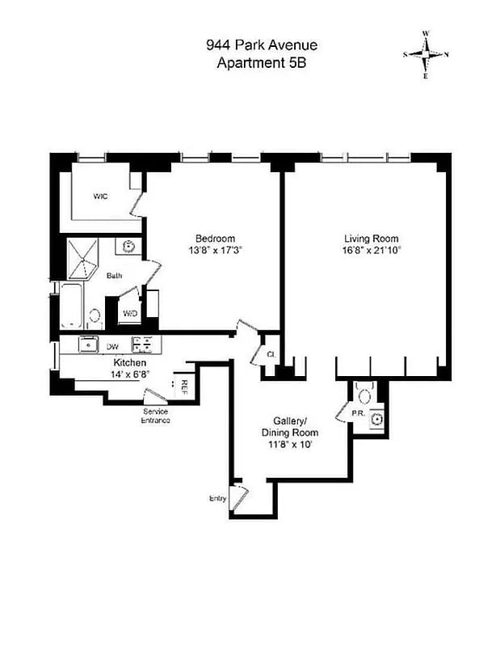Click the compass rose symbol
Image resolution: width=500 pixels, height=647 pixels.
pyautogui.click(x=426, y=54)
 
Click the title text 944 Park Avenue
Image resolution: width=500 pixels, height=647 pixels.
pyautogui.click(x=262, y=47)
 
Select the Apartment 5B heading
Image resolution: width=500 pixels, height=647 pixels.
pyautogui.click(x=262, y=62)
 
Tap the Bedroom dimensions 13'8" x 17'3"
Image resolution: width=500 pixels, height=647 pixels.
pyautogui.click(x=215, y=251)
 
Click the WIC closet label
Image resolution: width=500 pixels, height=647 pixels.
pyautogui.click(x=100, y=197)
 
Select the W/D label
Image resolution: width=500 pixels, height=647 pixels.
pyautogui.click(x=129, y=313)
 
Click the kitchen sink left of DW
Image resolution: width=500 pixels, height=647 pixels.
pyautogui.click(x=87, y=345)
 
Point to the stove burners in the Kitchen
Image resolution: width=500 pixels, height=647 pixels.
pyautogui.click(x=143, y=345)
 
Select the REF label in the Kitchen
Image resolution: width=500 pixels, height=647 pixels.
pyautogui.click(x=185, y=387)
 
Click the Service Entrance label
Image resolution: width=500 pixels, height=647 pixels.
pyautogui.click(x=150, y=416)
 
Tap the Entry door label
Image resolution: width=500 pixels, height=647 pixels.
pyautogui.click(x=217, y=498)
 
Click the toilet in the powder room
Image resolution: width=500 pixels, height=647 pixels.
pyautogui.click(x=363, y=395)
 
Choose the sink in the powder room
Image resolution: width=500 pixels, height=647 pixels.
pyautogui.click(x=375, y=417)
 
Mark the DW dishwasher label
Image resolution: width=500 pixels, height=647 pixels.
pyautogui.click(x=113, y=346)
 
